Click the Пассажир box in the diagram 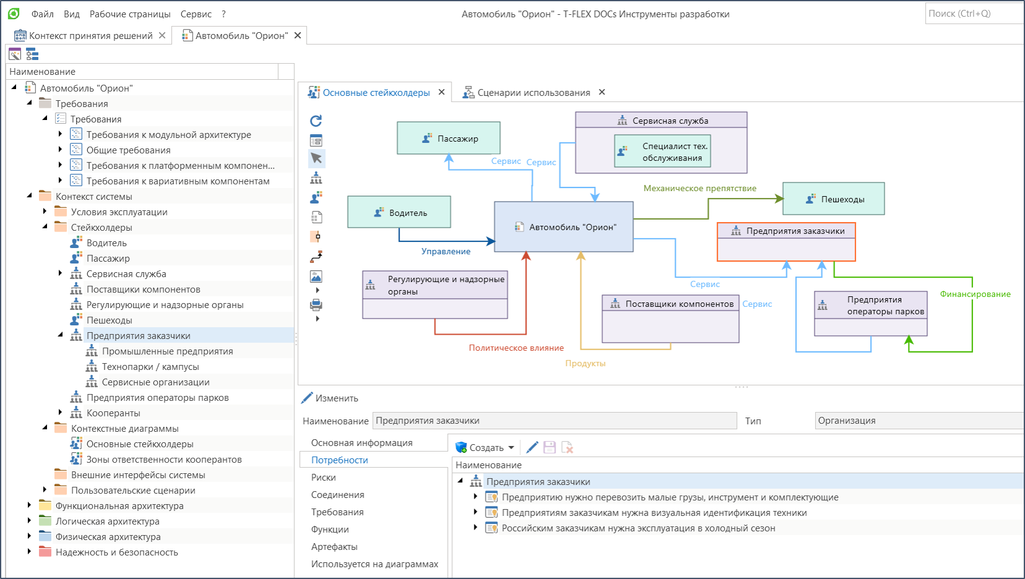[448, 138]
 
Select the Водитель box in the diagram [399, 212]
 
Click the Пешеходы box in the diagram [834, 199]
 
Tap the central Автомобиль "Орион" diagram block [564, 226]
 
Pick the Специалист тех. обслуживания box [663, 151]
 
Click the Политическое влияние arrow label [516, 348]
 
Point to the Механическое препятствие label [700, 188]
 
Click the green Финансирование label [975, 294]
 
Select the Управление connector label [445, 251]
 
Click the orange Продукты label [585, 363]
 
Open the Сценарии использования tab [534, 92]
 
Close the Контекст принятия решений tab [162, 35]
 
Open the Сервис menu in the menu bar [196, 14]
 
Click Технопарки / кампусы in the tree [150, 367]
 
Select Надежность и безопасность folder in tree [117, 552]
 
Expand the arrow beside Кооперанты [61, 413]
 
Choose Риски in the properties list [324, 478]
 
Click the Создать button [485, 447]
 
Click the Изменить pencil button [330, 398]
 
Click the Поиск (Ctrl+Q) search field [974, 14]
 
